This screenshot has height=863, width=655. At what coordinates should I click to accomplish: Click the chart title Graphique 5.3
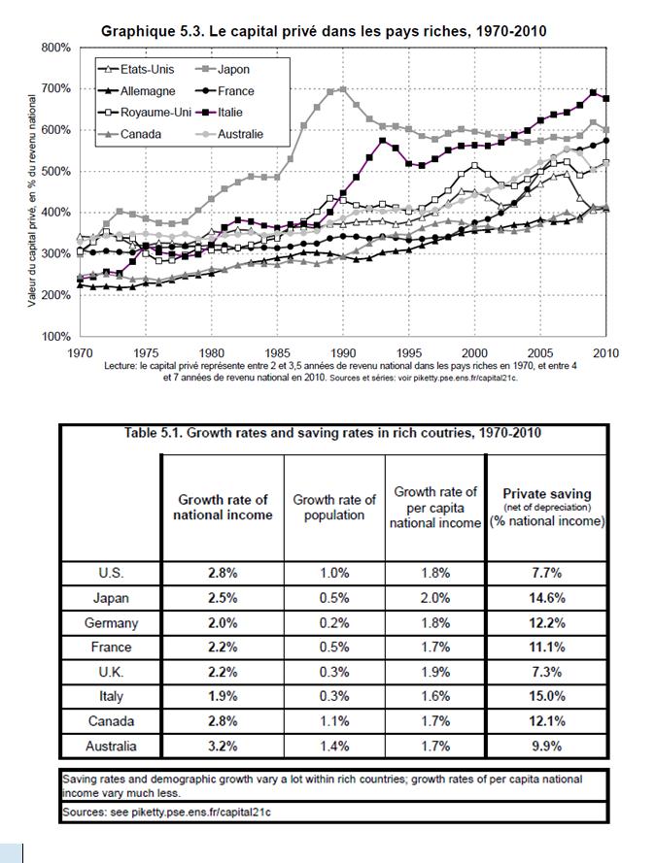(x=324, y=31)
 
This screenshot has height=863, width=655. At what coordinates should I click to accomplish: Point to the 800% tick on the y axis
(x=56, y=48)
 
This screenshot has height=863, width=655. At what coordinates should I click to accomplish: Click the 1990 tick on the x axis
(x=343, y=352)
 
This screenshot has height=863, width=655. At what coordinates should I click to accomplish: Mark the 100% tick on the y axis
(x=56, y=337)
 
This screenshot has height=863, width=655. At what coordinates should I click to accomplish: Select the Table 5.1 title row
(x=333, y=433)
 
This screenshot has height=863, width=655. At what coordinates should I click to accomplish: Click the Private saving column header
(x=547, y=507)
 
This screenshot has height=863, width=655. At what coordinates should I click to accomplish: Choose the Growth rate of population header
(x=334, y=507)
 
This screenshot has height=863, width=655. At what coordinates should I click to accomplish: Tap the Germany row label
(x=111, y=622)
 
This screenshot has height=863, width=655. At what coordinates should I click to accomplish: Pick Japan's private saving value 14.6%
(x=547, y=598)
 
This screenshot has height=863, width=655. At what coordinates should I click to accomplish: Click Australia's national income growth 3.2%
(x=223, y=747)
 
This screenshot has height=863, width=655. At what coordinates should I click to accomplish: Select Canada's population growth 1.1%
(x=334, y=721)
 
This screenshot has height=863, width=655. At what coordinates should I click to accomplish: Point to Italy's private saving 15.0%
(x=547, y=697)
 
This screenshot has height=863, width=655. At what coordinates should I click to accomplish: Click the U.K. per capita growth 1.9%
(x=435, y=672)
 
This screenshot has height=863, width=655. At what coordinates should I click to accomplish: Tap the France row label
(x=111, y=647)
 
